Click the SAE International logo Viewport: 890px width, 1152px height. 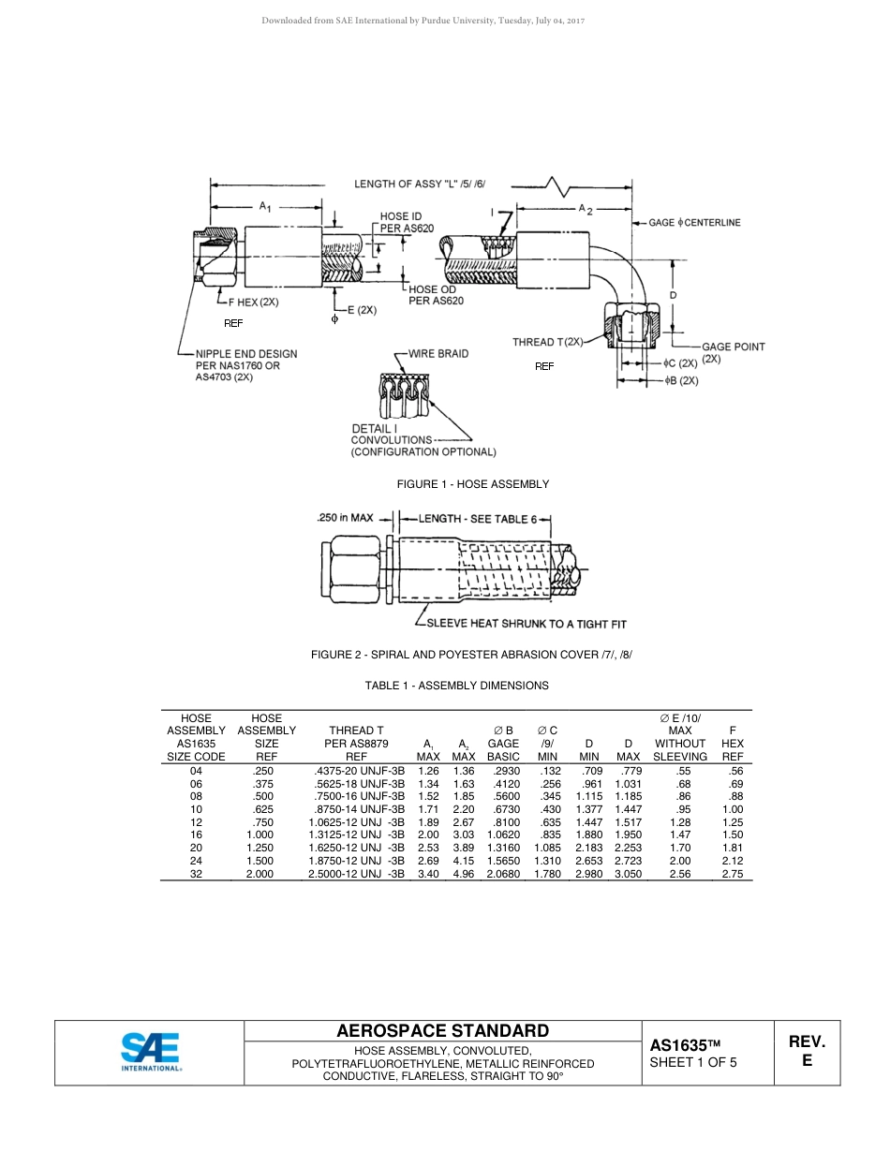[150, 1052]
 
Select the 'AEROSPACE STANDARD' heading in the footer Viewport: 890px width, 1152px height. [442, 1031]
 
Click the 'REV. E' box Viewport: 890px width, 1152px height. [807, 1052]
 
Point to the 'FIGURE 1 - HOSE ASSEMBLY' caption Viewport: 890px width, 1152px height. [473, 484]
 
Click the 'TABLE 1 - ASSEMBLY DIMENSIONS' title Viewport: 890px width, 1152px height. [456, 686]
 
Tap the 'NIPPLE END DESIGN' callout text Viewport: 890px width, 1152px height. [246, 354]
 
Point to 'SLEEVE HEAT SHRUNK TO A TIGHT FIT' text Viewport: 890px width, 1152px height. [527, 624]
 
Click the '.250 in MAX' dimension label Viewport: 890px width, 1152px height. [345, 517]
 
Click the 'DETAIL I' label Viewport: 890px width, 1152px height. [374, 428]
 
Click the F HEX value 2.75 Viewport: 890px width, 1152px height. [732, 874]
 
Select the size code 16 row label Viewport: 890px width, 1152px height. [196, 835]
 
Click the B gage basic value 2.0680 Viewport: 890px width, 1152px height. [503, 874]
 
